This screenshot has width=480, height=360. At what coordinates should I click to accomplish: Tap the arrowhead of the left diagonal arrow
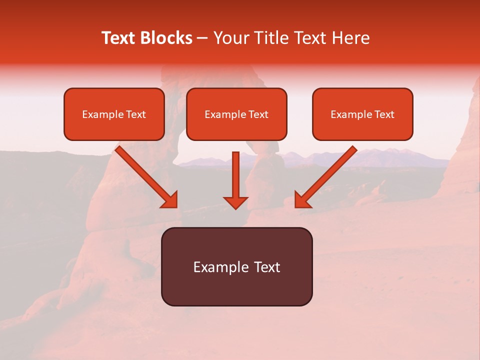[x=170, y=200]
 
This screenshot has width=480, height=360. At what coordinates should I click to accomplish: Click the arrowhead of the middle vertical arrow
[x=235, y=202]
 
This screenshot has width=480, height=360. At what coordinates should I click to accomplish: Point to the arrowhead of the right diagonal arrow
[x=301, y=200]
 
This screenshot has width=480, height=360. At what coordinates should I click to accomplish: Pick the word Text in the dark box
[x=267, y=267]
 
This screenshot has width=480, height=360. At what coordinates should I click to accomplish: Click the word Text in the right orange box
[x=384, y=114]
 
